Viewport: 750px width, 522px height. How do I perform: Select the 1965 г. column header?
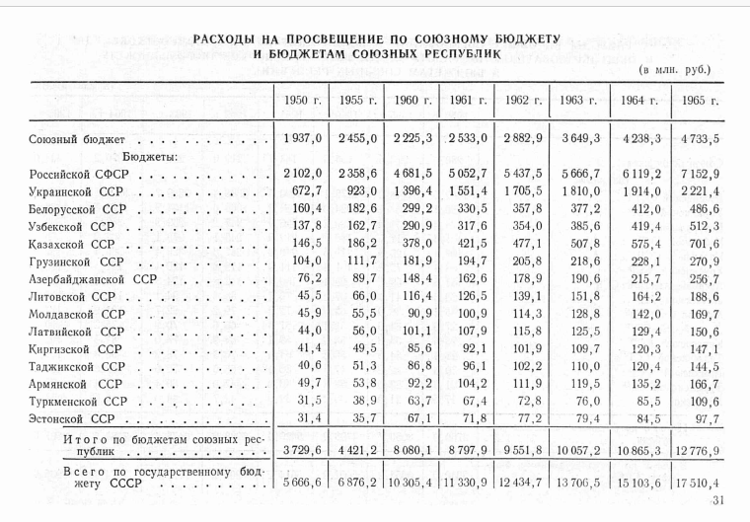pos(699,102)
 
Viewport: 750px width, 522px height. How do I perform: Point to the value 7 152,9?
pos(699,173)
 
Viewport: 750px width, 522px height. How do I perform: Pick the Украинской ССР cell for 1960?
pos(415,190)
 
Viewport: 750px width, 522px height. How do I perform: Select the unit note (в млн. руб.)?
pos(676,71)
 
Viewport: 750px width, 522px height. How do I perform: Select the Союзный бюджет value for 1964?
pos(639,139)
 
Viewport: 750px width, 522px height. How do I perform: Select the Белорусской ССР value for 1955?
pos(359,208)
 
